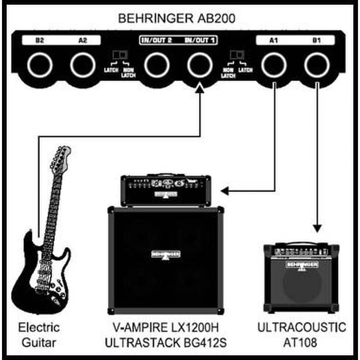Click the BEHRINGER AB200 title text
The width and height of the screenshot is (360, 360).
177,18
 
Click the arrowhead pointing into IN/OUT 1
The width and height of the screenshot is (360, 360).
200,88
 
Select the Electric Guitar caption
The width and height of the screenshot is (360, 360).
39,335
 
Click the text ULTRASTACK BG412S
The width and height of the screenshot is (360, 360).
166,343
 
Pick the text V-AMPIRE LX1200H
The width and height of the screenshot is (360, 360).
166,328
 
